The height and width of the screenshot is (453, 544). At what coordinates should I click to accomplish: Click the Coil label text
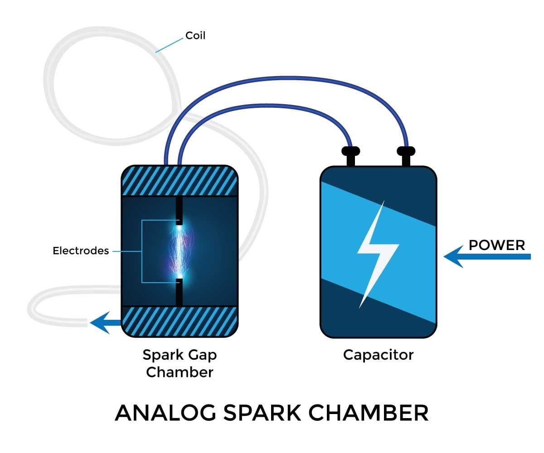pos(195,35)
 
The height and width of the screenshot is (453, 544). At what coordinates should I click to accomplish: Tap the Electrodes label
pos(81,251)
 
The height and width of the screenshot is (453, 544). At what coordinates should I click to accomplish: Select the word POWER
pos(497,245)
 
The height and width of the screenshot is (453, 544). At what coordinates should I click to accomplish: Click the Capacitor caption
pos(378,354)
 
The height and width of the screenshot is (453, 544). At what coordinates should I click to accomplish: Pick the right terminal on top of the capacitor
pos(405,155)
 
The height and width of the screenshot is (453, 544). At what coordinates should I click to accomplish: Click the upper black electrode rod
pos(180,210)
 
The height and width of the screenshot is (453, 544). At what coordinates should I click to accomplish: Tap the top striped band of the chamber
pos(180,181)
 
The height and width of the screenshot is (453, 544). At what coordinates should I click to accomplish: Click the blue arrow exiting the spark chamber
pos(106,323)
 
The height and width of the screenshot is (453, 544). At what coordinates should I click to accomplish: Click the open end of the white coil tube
pos(85,323)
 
